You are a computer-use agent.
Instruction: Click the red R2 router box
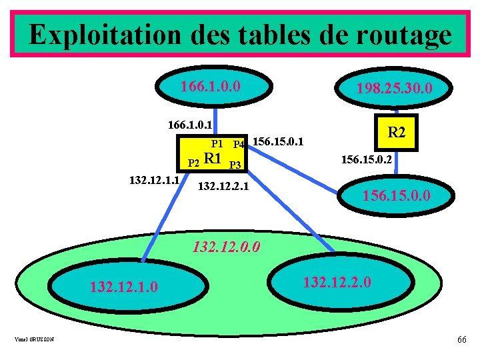[x=396, y=132]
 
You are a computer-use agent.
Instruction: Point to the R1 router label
[x=212, y=159]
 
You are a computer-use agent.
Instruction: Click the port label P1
[x=217, y=143]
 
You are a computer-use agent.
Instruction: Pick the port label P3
[x=235, y=165]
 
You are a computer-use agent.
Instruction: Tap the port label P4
[x=239, y=143]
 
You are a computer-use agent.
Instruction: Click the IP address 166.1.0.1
[x=190, y=124]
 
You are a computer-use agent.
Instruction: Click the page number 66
[x=461, y=340]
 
